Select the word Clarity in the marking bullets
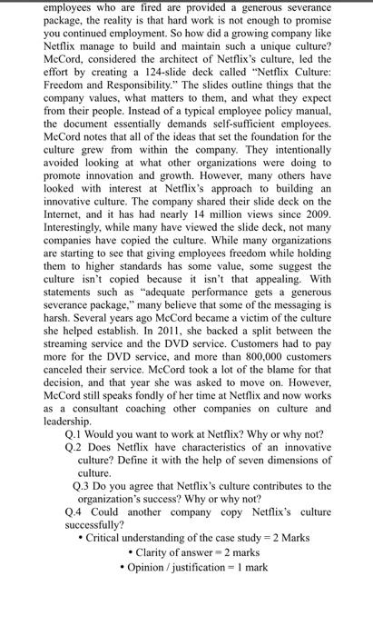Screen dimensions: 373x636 pos(158,551)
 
